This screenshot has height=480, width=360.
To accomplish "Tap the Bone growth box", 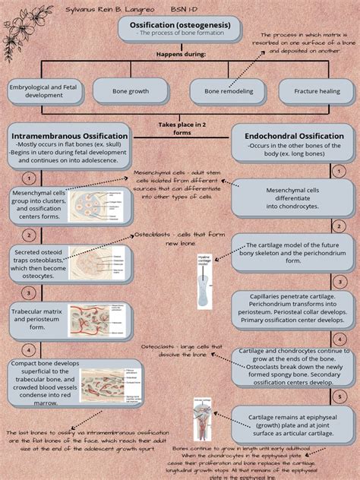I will pyautogui.click(x=131, y=92).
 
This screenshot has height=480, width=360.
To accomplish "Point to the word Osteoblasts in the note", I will pyautogui.click(x=154, y=235).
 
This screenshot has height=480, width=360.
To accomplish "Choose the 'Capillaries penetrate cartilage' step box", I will pyautogui.click(x=292, y=310).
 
